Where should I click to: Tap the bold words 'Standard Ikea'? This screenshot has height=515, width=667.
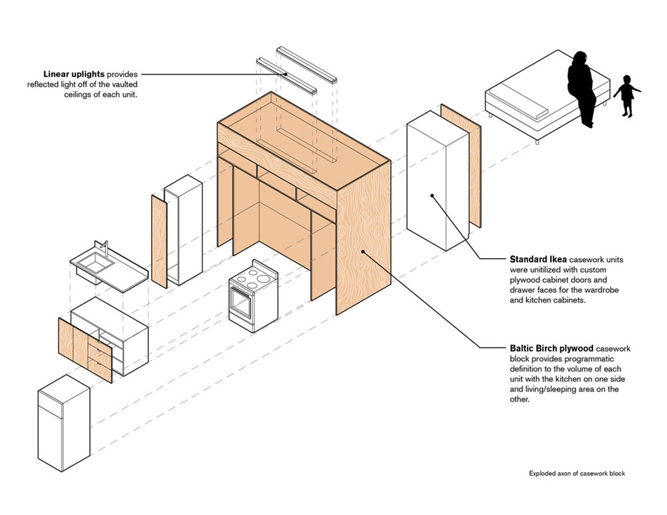[x=533, y=259]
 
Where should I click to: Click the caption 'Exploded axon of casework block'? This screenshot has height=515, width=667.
[x=577, y=473]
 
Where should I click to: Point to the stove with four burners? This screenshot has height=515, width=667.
[x=254, y=296]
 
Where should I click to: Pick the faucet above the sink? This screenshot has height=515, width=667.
[x=104, y=248]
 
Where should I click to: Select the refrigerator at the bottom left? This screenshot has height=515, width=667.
[x=63, y=422]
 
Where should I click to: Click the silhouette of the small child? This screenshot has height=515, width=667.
[x=626, y=96]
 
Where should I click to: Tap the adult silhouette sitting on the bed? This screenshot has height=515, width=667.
[x=582, y=87]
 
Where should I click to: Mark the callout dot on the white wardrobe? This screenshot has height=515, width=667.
[x=433, y=195]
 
